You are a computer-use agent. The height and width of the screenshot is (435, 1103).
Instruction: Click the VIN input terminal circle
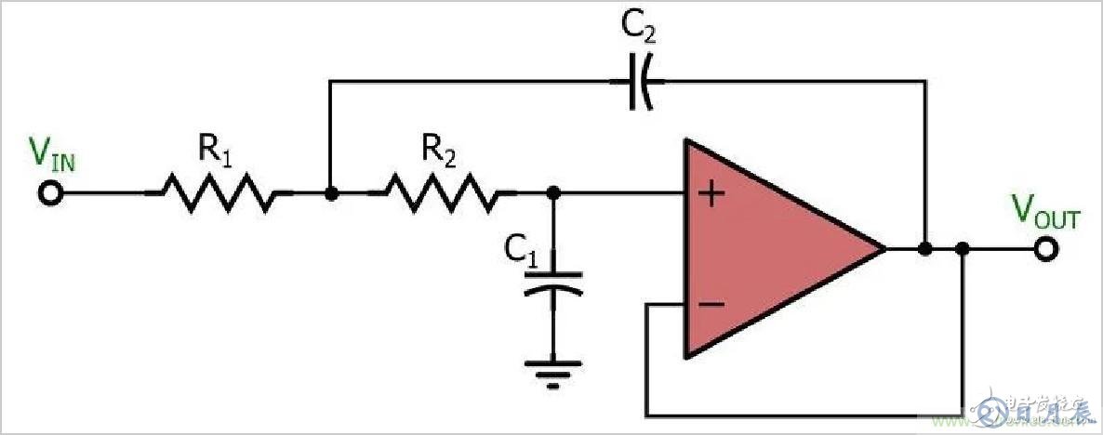(51, 193)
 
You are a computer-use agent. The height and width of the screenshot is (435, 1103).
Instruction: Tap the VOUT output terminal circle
(1047, 249)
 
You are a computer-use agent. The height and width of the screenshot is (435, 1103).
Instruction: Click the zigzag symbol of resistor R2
(441, 193)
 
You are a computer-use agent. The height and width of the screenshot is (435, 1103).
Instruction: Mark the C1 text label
(521, 249)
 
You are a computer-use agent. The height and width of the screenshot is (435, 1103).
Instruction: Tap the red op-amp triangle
(772, 249)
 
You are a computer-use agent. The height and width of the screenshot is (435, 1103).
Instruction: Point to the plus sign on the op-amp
(711, 195)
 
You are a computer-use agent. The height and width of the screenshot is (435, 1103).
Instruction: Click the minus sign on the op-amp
(711, 304)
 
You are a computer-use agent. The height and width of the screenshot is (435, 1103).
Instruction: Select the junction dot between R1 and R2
(329, 193)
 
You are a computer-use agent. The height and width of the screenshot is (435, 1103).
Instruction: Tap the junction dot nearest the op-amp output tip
(924, 249)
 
